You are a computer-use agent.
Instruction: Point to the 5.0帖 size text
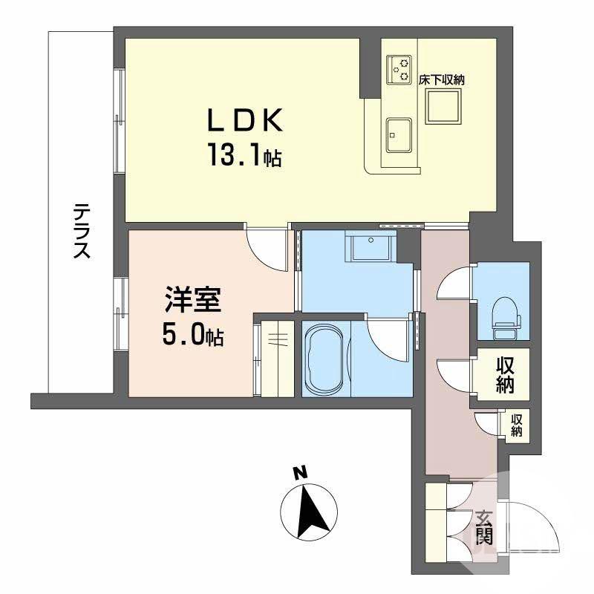(192, 336)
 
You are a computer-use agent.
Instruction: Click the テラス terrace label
(81, 231)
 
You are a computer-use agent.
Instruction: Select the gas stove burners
(399, 68)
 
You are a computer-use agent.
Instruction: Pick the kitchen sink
(399, 134)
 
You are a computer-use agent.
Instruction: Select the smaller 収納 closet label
(515, 425)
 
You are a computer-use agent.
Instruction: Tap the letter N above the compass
(299, 471)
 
